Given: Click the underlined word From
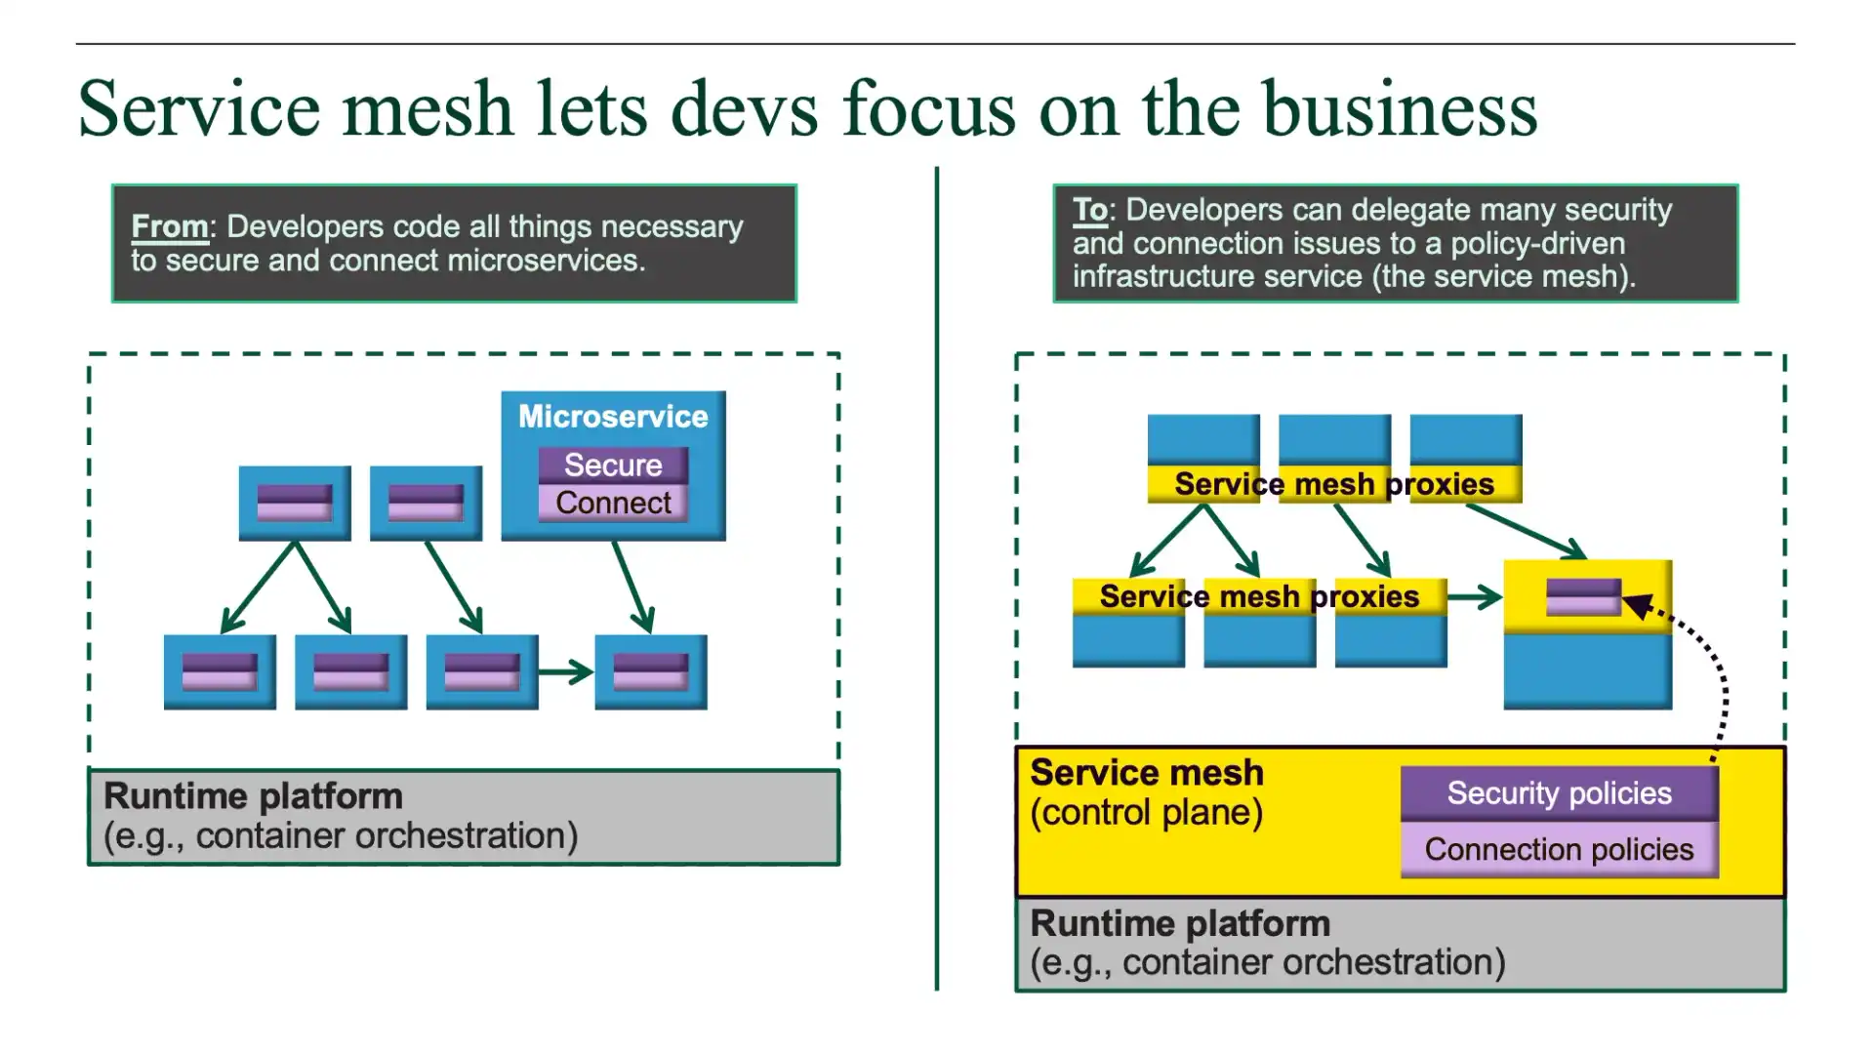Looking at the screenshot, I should [170, 226].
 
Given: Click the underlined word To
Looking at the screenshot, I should [1089, 210].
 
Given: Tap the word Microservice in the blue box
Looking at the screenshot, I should [613, 417].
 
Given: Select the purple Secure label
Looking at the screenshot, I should [613, 466].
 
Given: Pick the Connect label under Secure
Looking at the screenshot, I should [613, 503].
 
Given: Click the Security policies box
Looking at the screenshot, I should [1559, 793].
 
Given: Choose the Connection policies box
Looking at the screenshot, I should [1559, 849].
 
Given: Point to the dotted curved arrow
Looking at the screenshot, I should [1722, 683].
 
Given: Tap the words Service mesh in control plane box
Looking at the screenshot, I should [1147, 773].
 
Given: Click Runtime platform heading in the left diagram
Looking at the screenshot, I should [253, 796].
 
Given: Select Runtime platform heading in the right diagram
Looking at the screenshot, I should [1180, 923].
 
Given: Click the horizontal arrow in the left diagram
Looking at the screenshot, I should [565, 671].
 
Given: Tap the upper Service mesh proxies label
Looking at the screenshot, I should [1333, 484].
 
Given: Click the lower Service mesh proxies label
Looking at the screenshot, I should [1259, 596].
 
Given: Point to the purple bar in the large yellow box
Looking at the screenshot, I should [1583, 596].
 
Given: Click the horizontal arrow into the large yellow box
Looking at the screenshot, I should [1474, 596].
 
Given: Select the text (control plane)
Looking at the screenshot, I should [1147, 812].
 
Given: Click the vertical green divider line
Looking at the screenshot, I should [937, 586].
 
